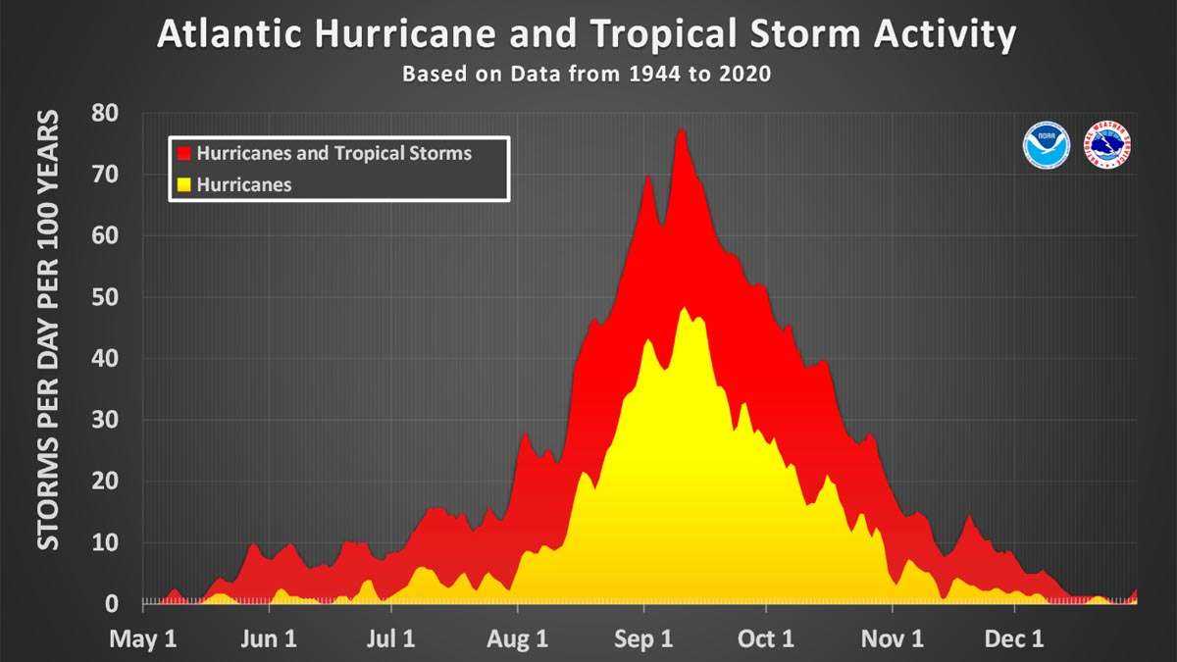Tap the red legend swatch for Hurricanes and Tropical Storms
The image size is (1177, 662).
(x=183, y=154)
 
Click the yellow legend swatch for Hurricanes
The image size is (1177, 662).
(x=183, y=184)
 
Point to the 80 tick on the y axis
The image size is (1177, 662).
(x=105, y=113)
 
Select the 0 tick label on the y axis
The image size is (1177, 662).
(x=113, y=604)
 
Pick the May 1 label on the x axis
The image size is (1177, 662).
(x=142, y=639)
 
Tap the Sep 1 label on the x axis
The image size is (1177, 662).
(x=643, y=639)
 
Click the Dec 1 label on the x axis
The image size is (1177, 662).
(x=1015, y=639)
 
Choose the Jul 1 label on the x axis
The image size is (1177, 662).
(x=391, y=639)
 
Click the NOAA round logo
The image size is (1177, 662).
(x=1047, y=145)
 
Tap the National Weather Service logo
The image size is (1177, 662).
(x=1107, y=145)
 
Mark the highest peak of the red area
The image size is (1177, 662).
(x=681, y=130)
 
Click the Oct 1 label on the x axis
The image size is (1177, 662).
(x=766, y=639)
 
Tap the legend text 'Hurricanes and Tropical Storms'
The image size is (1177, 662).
(x=333, y=154)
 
